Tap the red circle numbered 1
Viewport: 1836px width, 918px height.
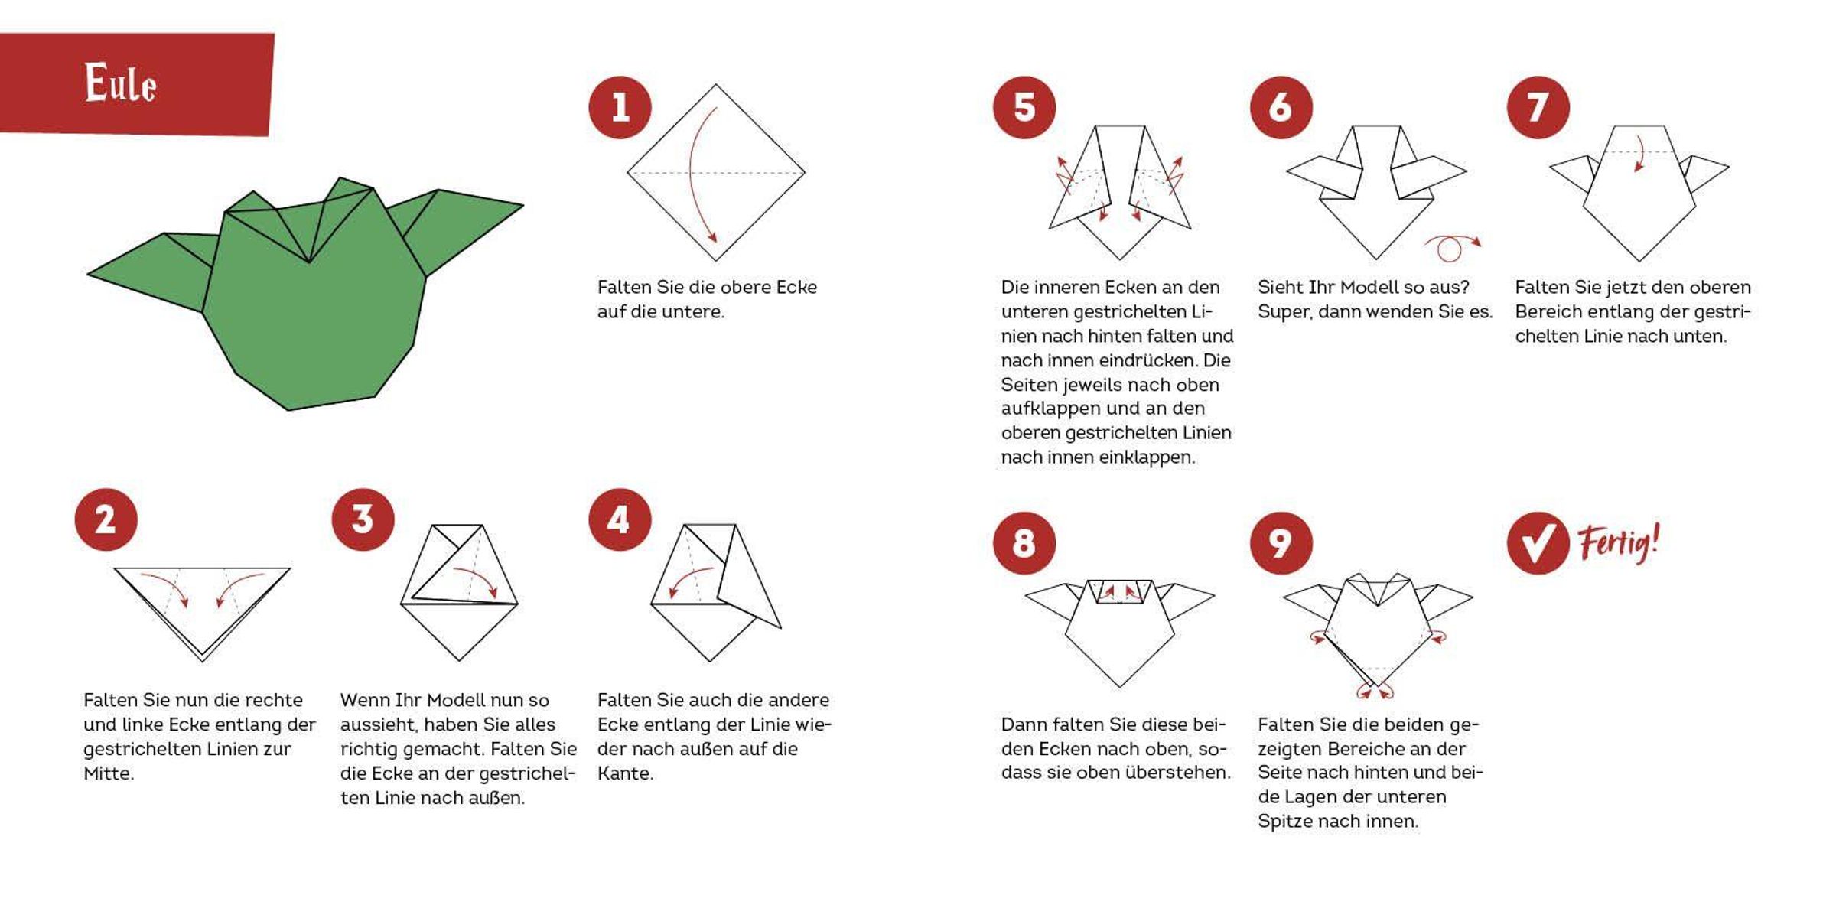pyautogui.click(x=620, y=107)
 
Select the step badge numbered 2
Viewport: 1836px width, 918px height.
pyautogui.click(x=106, y=519)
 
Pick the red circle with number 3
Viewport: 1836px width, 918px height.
pyautogui.click(x=363, y=519)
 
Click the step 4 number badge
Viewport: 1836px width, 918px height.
pyautogui.click(x=620, y=519)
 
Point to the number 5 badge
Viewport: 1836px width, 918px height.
pyautogui.click(x=1024, y=107)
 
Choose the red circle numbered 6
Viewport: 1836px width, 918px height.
pyautogui.click(x=1281, y=107)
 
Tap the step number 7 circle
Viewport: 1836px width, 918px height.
pyautogui.click(x=1538, y=107)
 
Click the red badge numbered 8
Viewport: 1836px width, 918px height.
pyautogui.click(x=1024, y=543)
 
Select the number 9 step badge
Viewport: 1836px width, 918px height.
pyautogui.click(x=1281, y=543)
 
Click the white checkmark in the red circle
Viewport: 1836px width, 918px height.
pyautogui.click(x=1538, y=544)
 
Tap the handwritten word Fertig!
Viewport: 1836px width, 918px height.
pyautogui.click(x=1619, y=543)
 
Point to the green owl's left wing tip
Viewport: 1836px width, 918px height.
pyautogui.click(x=89, y=273)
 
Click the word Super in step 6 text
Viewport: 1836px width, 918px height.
pyautogui.click(x=1285, y=312)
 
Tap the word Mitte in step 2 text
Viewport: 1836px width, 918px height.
pyautogui.click(x=109, y=773)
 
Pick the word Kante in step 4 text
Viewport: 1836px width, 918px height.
pyautogui.click(x=625, y=773)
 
